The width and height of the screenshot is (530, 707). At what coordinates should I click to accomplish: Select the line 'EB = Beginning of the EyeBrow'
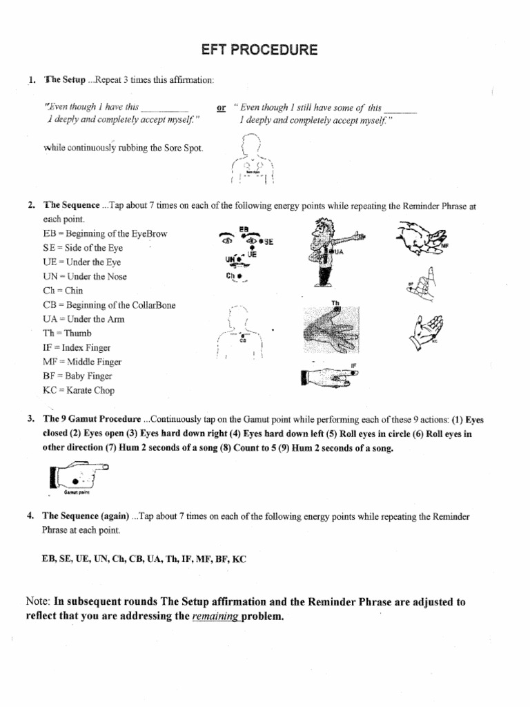pos(105,234)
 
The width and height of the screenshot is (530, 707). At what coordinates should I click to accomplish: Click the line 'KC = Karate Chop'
pos(79,390)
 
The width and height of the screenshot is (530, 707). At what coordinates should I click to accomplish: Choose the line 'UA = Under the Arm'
pos(84,319)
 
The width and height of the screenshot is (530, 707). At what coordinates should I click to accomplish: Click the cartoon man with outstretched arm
pos(326,251)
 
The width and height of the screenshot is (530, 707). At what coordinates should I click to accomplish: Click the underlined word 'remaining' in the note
pos(215,617)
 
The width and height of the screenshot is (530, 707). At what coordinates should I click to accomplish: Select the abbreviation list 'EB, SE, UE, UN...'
pos(144,559)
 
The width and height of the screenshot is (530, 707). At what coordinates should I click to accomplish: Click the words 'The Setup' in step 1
pos(65,80)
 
